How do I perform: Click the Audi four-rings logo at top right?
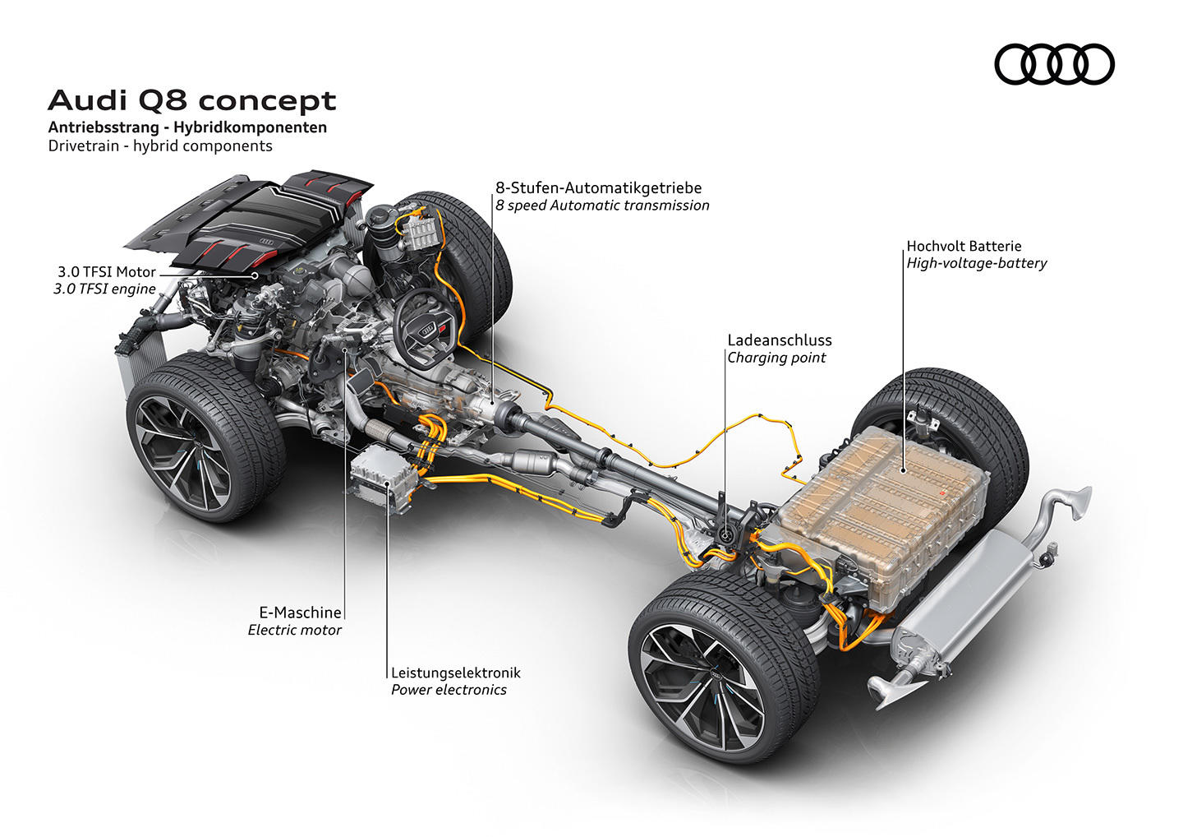coord(1054,64)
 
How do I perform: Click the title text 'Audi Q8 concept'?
coord(192,100)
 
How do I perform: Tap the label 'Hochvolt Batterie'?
coord(964,246)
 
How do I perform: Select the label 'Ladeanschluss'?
coord(779,340)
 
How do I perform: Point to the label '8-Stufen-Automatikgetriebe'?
coord(598,187)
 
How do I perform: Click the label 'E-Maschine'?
coord(300,612)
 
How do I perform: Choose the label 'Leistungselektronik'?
coord(456,673)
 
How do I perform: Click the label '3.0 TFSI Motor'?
coord(107,271)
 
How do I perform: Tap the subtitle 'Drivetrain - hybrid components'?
coord(160,146)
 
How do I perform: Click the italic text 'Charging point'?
coord(776,358)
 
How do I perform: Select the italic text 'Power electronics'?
coord(449,690)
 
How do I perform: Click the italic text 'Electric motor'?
coord(294,630)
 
